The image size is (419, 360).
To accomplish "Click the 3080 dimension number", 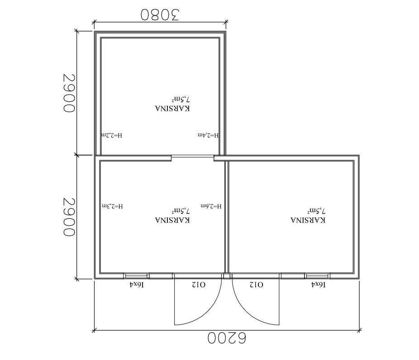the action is (x=160, y=14).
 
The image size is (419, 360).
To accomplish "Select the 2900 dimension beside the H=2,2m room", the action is (x=69, y=93).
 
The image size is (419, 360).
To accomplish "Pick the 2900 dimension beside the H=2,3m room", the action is (x=69, y=217).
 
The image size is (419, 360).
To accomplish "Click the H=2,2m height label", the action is (x=112, y=135).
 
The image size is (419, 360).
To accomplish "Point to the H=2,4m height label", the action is (x=208, y=135).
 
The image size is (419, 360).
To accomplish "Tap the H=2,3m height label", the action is (x=113, y=206).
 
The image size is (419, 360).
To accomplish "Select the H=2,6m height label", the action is (x=211, y=206).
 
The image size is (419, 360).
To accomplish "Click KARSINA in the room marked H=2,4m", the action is (x=173, y=109).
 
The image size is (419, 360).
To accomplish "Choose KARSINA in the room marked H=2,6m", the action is (x=173, y=220).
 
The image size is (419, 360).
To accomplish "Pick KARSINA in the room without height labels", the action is (x=308, y=220).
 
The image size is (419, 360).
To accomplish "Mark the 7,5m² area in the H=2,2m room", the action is (x=181, y=99).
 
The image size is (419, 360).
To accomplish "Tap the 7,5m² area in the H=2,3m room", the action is (x=181, y=211).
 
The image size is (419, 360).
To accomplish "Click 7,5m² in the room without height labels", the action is (x=316, y=211).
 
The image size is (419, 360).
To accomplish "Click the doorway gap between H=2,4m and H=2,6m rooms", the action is (x=192, y=158).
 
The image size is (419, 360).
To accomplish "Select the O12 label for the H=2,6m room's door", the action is (x=199, y=285).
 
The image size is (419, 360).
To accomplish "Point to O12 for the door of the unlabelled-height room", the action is (x=257, y=285).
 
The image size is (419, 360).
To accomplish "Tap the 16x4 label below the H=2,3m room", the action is (x=137, y=285).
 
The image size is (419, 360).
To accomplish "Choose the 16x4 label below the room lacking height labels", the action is (x=319, y=285).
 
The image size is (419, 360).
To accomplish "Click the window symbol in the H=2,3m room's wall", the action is (x=136, y=276).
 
